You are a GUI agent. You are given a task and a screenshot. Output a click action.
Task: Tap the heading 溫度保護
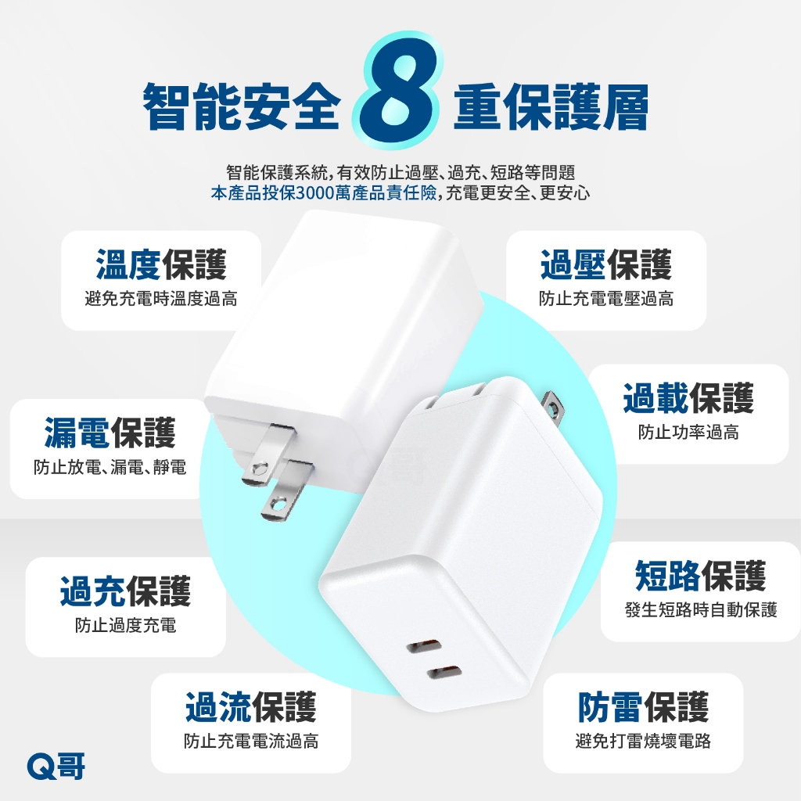(161, 264)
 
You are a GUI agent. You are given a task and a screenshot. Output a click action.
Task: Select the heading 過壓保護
(606, 264)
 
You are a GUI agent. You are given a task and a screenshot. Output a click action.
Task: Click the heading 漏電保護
(110, 433)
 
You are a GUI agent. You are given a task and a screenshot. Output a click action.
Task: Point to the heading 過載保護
(688, 398)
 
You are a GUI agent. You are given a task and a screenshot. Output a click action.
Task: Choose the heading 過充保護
(125, 591)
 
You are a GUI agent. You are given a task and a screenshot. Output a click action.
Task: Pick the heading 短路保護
(700, 575)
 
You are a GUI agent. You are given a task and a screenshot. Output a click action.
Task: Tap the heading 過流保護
(251, 707)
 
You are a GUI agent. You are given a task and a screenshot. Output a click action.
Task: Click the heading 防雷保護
(643, 707)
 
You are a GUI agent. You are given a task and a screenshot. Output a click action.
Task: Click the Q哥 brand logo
(56, 767)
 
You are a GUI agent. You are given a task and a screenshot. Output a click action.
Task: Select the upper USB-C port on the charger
(424, 645)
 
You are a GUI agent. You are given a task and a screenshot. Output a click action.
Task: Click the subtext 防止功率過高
(688, 433)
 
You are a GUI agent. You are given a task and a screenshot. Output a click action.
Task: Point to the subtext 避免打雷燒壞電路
(643, 741)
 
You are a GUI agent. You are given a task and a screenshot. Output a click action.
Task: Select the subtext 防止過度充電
(125, 625)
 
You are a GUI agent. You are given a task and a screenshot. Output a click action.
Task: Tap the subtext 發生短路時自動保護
(700, 609)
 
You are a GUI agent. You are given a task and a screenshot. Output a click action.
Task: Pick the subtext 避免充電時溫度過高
(161, 298)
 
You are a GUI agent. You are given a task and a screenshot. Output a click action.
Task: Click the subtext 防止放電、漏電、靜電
(110, 467)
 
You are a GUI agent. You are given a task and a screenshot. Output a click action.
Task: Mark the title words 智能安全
(241, 106)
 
